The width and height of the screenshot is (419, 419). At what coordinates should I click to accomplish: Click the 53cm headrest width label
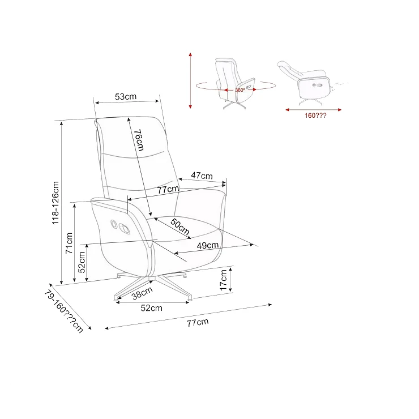click(x=126, y=96)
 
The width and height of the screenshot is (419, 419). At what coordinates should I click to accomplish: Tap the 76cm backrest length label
click(x=139, y=140)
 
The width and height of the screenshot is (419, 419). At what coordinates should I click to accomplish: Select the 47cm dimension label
click(x=202, y=176)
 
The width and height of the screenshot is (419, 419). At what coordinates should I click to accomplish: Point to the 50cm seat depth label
click(x=180, y=226)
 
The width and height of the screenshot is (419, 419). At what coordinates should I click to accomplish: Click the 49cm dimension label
click(x=208, y=245)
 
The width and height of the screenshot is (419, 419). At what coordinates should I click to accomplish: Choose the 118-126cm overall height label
click(x=55, y=203)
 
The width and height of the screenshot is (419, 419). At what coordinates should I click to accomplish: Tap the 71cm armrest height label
click(x=69, y=243)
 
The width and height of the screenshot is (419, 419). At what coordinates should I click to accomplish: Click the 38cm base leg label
click(x=142, y=293)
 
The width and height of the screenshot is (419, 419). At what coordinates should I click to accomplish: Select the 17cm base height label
click(x=224, y=280)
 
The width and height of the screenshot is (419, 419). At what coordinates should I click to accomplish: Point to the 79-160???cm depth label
click(x=63, y=311)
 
